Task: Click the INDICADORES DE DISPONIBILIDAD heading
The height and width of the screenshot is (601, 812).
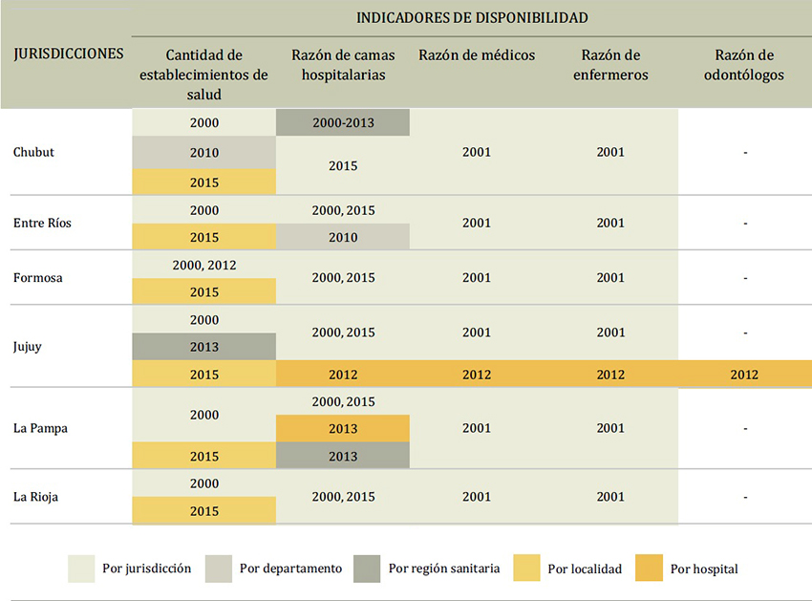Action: click(x=472, y=17)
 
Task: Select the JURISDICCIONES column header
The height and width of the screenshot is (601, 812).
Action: click(x=69, y=54)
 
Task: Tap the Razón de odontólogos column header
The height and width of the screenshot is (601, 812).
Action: click(x=744, y=65)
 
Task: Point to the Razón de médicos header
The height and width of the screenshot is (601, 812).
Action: click(x=477, y=54)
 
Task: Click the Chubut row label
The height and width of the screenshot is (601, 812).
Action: click(x=33, y=152)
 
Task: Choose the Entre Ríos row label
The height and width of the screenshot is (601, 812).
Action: click(x=42, y=223)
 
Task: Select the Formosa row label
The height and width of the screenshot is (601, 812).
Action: click(x=38, y=278)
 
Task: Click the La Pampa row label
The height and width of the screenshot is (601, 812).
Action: click(x=41, y=428)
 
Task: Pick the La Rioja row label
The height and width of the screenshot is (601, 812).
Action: click(x=36, y=497)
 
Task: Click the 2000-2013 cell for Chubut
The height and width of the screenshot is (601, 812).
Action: click(x=342, y=123)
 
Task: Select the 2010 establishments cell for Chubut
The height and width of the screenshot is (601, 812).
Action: click(x=203, y=153)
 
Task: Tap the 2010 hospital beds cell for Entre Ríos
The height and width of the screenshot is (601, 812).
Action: click(x=342, y=237)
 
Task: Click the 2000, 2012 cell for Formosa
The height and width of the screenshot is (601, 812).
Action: click(x=203, y=265)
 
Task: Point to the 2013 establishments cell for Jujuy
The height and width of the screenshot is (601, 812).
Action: click(x=203, y=347)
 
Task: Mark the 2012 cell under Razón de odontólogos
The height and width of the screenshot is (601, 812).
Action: click(x=744, y=375)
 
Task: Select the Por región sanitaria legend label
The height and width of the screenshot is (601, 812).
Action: click(x=443, y=569)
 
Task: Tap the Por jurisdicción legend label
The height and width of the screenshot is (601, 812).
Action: click(x=146, y=569)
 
